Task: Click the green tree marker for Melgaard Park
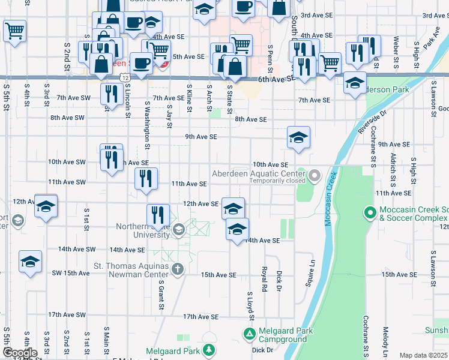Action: tap(208, 349)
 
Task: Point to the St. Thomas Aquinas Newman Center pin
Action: tap(177, 269)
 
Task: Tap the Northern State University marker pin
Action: tap(178, 230)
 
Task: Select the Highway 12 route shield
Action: tap(124, 78)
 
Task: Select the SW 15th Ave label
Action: tap(70, 273)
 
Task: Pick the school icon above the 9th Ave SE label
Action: tap(298, 138)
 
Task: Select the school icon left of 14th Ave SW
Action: tap(30, 262)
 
